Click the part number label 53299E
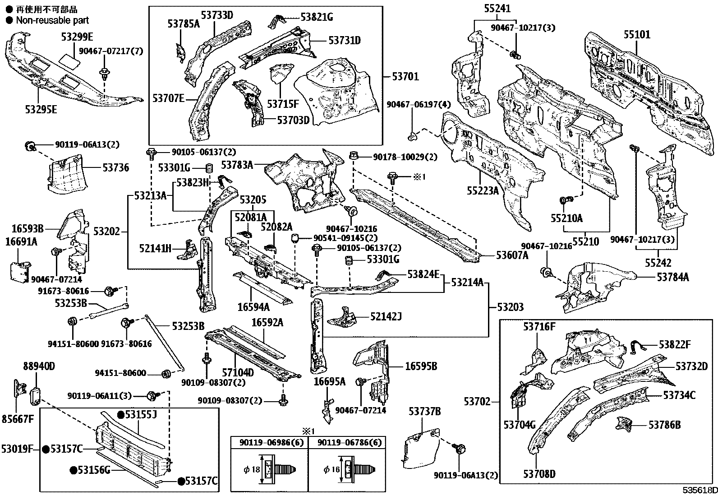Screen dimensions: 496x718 coord(77,37)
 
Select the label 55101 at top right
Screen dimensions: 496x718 coord(637,34)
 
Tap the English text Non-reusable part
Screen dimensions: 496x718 coord(52,20)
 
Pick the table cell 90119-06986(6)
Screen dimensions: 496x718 coord(269,443)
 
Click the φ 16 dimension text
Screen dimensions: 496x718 coord(332,470)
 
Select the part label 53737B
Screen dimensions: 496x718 coord(425,412)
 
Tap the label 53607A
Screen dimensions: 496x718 coord(512,255)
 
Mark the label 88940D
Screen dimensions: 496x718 coord(39,366)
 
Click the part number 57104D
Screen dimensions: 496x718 coord(238,373)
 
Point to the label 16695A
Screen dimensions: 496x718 coord(329,382)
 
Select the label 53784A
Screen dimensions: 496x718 coord(672,277)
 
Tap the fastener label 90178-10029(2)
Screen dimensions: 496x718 coord(405,157)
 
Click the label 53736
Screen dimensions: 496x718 coord(115,168)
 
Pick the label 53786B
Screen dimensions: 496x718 coord(664,425)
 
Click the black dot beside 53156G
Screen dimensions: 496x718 coord(73,470)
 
